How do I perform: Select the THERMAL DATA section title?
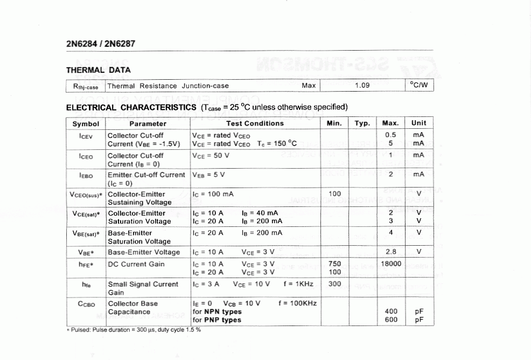click(x=98, y=70)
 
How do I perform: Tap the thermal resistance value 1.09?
click(x=362, y=86)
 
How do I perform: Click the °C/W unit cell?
click(x=418, y=86)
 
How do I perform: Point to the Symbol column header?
click(x=86, y=123)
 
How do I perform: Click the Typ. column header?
click(x=362, y=123)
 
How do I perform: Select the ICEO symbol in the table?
click(x=86, y=156)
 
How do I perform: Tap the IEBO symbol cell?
click(x=86, y=175)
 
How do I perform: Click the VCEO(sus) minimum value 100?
click(x=334, y=193)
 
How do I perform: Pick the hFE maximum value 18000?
click(x=391, y=264)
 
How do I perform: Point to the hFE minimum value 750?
click(x=334, y=264)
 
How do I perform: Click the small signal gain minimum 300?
click(x=334, y=284)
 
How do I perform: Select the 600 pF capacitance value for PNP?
click(x=391, y=320)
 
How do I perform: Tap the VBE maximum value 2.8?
click(x=391, y=252)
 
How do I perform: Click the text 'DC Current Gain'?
click(x=136, y=264)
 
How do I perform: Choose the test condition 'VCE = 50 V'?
click(x=211, y=155)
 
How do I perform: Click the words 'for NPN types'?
click(x=216, y=311)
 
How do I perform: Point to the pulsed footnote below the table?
click(x=133, y=330)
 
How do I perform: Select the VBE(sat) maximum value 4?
click(x=391, y=233)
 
